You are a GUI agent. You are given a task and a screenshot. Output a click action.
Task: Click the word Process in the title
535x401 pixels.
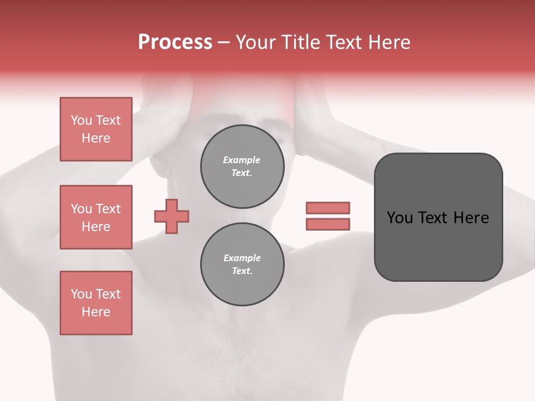point(175,42)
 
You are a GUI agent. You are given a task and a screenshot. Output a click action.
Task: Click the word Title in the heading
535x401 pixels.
point(300,42)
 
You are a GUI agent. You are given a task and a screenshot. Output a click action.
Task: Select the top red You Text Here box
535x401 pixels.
point(96,129)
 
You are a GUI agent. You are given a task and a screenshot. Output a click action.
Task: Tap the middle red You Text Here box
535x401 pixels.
point(96,217)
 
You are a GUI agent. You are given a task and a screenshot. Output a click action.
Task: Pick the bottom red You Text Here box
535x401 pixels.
point(96,303)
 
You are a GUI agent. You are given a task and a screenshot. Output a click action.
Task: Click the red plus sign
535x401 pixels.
point(172,216)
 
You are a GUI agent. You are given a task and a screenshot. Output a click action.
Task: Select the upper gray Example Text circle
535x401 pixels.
point(242,167)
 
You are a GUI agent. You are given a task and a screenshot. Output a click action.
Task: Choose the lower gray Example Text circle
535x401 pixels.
point(242,265)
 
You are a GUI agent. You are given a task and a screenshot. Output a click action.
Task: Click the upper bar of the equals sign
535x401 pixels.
point(328,208)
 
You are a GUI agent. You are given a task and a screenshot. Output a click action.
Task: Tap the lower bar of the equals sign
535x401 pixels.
point(328,224)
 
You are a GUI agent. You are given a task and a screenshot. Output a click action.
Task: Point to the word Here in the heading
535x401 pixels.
point(388,42)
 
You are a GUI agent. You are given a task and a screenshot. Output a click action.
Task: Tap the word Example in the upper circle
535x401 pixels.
point(242,160)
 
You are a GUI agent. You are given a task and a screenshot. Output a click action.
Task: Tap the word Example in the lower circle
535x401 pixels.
point(242,258)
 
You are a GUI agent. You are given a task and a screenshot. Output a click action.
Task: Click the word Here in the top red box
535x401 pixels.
point(96,138)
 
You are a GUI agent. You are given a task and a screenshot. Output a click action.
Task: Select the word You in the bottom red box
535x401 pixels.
point(81,294)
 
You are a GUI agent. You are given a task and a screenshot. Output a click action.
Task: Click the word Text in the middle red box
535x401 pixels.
point(108,209)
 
